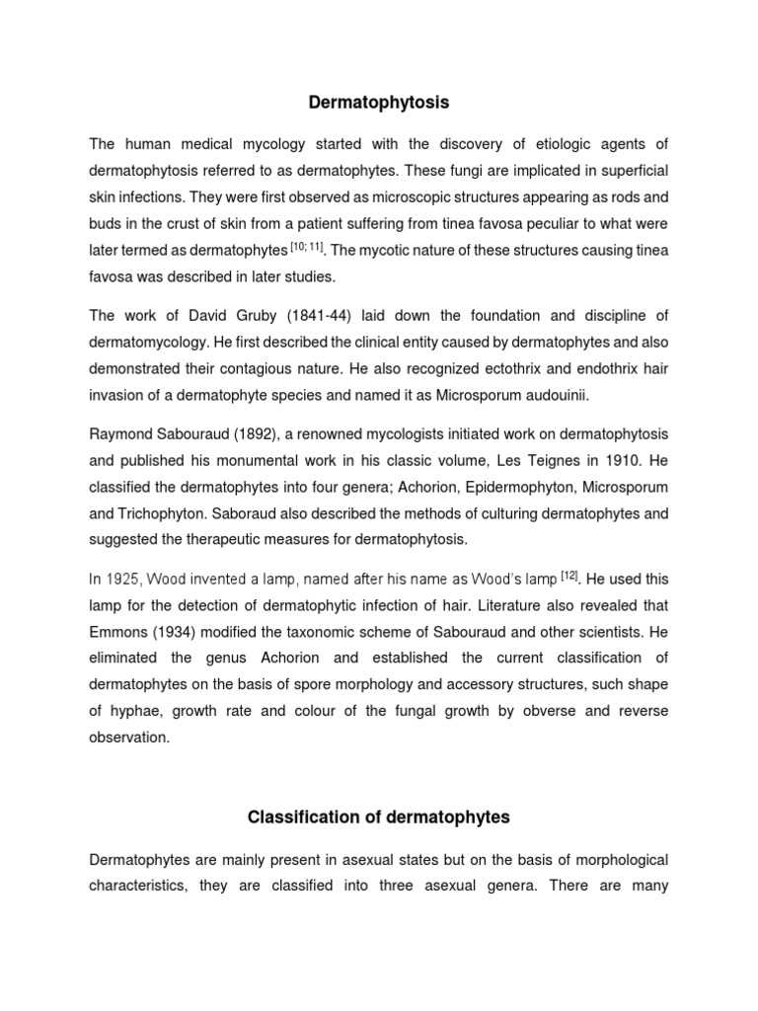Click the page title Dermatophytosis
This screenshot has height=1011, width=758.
379,101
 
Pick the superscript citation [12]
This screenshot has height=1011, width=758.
568,575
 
